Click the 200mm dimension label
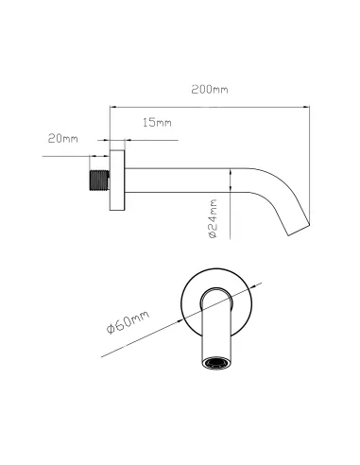pyautogui.click(x=210, y=90)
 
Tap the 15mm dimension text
pyautogui.click(x=157, y=122)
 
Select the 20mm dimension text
pyautogui.click(x=63, y=138)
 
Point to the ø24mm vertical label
pyautogui.click(x=214, y=218)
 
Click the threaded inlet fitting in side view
pyautogui.click(x=99, y=181)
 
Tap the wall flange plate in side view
pyautogui.click(x=117, y=181)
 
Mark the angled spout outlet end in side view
pyautogui.click(x=299, y=231)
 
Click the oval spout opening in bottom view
pyautogui.click(x=216, y=363)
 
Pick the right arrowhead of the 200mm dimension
pyautogui.click(x=306, y=107)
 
